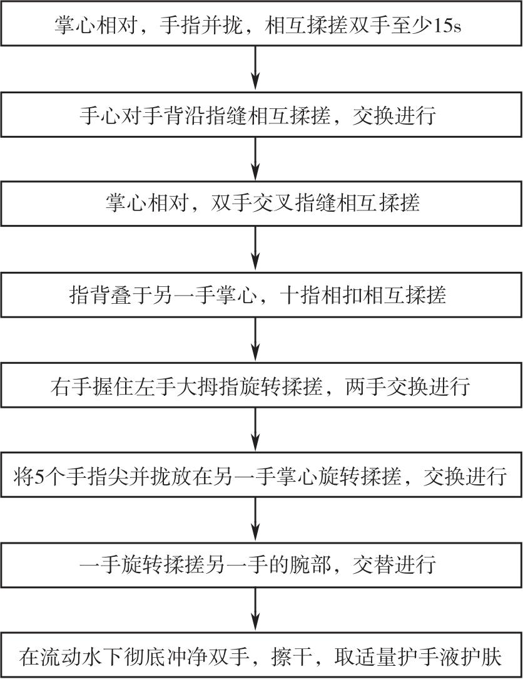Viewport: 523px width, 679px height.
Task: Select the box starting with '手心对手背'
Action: pyautogui.click(x=261, y=115)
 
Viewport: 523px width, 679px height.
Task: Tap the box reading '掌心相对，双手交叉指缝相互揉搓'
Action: pyautogui.click(x=261, y=203)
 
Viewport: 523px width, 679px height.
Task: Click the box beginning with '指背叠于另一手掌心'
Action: pyautogui.click(x=261, y=294)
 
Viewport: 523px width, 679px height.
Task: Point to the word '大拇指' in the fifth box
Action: pyautogui.click(x=210, y=385)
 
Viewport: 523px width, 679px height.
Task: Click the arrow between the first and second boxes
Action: pyautogui.click(x=256, y=68)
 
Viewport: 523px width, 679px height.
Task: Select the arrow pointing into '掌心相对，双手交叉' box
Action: pyautogui.click(x=256, y=159)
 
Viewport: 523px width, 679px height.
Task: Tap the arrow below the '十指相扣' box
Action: pyautogui.click(x=256, y=339)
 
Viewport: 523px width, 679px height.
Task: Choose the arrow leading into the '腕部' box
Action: pyautogui.click(x=256, y=519)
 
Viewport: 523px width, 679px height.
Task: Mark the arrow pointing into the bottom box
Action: pyautogui.click(x=256, y=609)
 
